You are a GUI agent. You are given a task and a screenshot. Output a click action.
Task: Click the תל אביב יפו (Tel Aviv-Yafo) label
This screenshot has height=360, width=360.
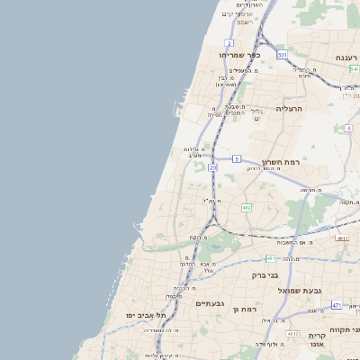(147, 315)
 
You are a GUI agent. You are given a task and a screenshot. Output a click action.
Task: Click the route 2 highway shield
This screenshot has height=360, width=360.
(229, 42)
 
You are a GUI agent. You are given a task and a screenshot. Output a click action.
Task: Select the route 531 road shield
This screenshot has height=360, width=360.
(282, 55)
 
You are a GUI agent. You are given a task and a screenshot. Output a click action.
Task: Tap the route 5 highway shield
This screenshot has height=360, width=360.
(237, 158)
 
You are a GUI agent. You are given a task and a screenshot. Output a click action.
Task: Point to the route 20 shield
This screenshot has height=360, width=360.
(212, 167)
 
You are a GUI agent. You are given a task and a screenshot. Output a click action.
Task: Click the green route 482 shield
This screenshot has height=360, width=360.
(247, 207)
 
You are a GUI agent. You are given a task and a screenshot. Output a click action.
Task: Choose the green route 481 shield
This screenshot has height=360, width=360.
(342, 238)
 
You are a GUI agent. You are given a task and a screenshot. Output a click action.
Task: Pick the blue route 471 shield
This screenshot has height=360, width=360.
(336, 305)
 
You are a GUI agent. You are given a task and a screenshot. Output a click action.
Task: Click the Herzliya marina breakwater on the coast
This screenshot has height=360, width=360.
(175, 110)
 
